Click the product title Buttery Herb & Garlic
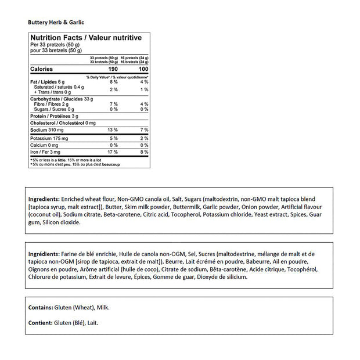(56, 22)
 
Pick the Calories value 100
(143, 69)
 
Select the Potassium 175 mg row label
(48, 138)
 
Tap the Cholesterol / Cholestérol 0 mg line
(63, 123)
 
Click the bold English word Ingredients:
(44, 198)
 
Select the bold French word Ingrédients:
(44, 254)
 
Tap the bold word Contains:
(40, 307)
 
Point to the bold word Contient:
(40, 322)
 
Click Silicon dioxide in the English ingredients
(62, 222)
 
